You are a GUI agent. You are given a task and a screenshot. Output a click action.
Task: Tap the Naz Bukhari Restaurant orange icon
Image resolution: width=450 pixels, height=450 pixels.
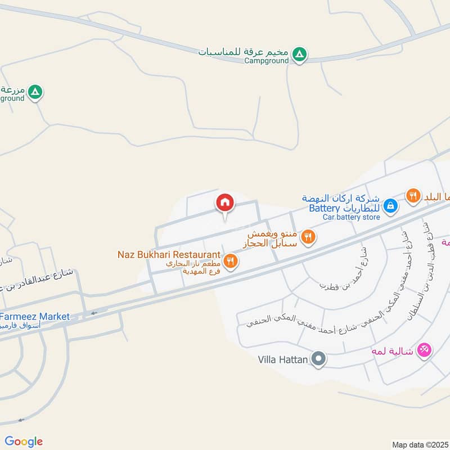click(229, 260)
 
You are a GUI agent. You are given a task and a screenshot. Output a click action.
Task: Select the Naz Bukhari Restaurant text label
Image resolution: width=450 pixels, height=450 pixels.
click(168, 255)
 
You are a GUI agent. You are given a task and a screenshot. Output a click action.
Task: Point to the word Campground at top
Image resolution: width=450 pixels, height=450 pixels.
click(267, 61)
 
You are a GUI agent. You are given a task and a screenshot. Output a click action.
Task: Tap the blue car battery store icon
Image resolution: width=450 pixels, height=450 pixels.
click(391, 206)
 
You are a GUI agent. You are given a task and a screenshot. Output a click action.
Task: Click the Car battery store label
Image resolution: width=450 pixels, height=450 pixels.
click(351, 217)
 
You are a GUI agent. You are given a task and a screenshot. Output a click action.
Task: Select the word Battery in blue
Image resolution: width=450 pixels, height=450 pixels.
click(325, 208)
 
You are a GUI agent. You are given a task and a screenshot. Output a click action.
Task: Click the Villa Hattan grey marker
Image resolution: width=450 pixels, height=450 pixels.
click(319, 359)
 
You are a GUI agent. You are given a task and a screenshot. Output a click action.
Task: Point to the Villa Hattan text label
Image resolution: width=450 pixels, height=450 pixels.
click(282, 359)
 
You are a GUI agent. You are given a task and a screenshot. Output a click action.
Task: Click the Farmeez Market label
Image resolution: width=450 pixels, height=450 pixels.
click(35, 317)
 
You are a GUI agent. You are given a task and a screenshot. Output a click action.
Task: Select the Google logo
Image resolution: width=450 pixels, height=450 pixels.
click(24, 442)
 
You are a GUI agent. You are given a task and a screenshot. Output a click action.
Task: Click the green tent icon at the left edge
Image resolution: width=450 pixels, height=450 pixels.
click(35, 92)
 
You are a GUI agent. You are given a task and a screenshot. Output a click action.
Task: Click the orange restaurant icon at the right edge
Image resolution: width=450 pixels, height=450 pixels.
click(413, 196)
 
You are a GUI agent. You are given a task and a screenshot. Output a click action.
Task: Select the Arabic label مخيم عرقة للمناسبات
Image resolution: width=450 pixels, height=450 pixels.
click(244, 52)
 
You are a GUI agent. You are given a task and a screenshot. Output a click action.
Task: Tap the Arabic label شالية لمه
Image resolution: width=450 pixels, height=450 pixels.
click(391, 351)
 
